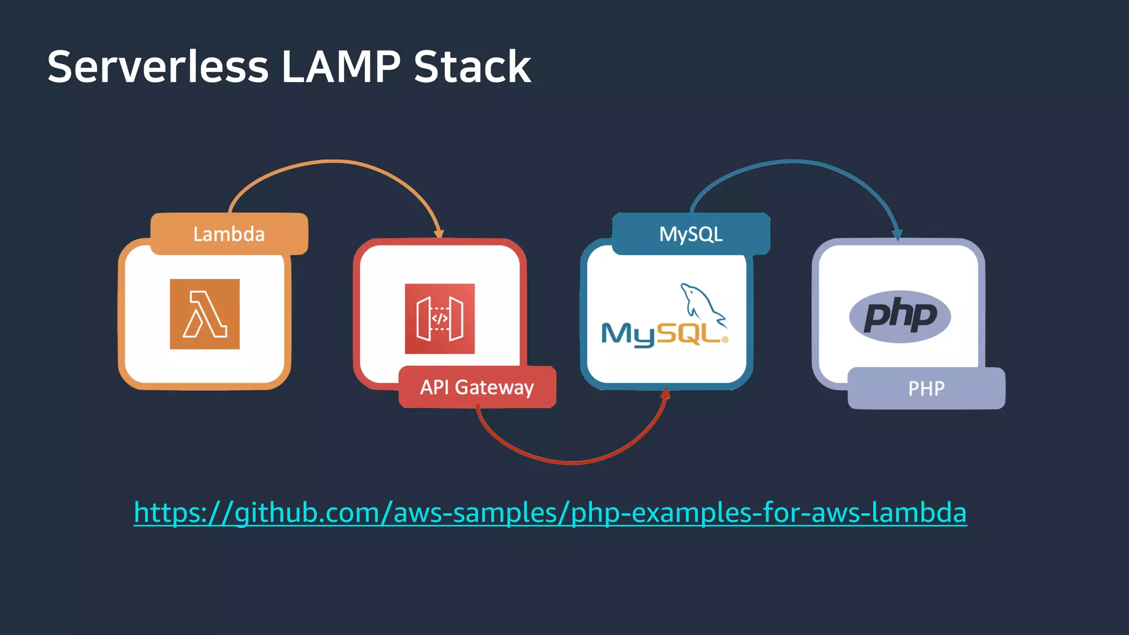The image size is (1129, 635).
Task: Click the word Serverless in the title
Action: pyautogui.click(x=158, y=67)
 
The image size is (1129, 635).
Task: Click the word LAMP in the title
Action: pyautogui.click(x=341, y=67)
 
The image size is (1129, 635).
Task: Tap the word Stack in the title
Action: pyautogui.click(x=472, y=67)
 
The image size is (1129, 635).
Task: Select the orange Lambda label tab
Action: pyautogui.click(x=229, y=234)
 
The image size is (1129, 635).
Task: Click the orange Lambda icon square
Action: pyautogui.click(x=205, y=314)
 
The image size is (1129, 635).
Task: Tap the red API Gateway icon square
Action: pyautogui.click(x=439, y=319)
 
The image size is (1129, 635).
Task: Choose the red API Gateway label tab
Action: pyautogui.click(x=477, y=387)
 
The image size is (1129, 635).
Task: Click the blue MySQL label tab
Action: pyautogui.click(x=691, y=234)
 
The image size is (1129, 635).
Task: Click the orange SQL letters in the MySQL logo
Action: pyautogui.click(x=689, y=333)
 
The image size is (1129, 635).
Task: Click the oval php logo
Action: pyautogui.click(x=900, y=316)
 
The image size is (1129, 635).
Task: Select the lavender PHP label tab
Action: pyautogui.click(x=926, y=388)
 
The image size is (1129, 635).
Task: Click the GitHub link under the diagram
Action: pyautogui.click(x=550, y=513)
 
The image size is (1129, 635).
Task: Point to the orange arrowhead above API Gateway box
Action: pyautogui.click(x=439, y=233)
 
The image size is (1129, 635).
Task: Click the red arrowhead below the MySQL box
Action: pyautogui.click(x=666, y=394)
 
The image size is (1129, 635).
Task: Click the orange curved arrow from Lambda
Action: pyautogui.click(x=331, y=161)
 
